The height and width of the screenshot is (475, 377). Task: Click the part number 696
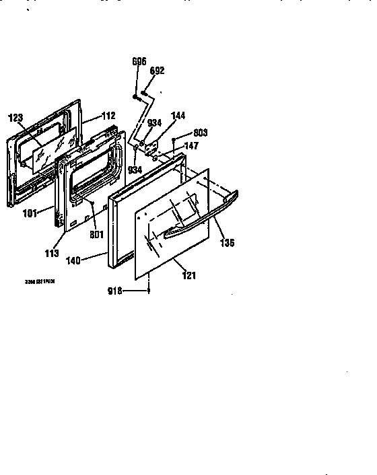pos(139,62)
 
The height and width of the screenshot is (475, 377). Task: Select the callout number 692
pos(158,71)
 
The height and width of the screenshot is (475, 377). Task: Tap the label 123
pos(15,118)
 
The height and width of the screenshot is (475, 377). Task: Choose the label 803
pos(199,133)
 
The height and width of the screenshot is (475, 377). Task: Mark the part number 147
pos(193,145)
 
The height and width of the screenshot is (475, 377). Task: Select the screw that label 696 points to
pos(137,98)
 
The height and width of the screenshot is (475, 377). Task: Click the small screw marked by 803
pos(174,141)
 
